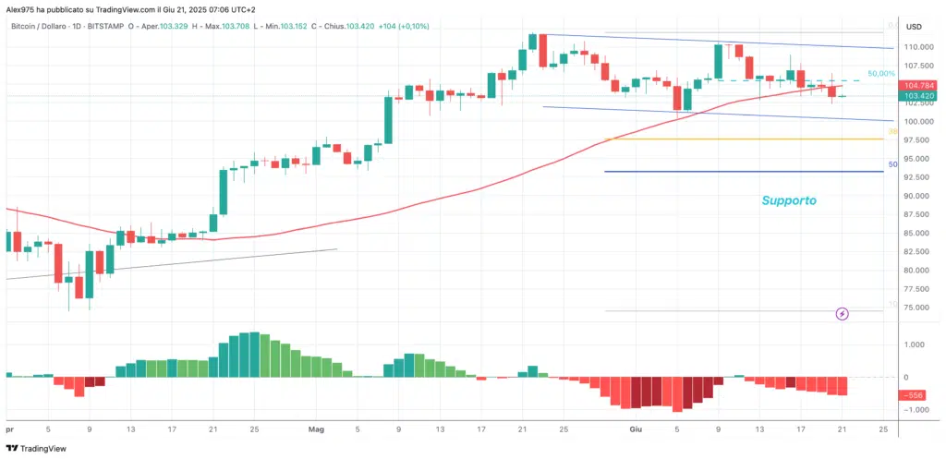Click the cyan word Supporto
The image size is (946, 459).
788,199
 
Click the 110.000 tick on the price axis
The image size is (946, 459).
916,47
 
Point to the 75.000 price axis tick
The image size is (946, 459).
916,308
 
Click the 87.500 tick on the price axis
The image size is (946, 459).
916,214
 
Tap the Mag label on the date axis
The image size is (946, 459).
317,429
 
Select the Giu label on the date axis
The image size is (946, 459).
635,429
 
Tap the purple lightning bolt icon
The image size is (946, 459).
843,314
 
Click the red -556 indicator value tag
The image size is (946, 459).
915,394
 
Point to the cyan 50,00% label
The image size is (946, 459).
881,73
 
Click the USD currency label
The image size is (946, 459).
914,26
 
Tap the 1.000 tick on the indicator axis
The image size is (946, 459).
914,345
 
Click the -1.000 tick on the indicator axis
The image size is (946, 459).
913,409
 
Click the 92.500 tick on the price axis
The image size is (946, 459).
916,177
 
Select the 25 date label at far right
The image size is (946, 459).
883,429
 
